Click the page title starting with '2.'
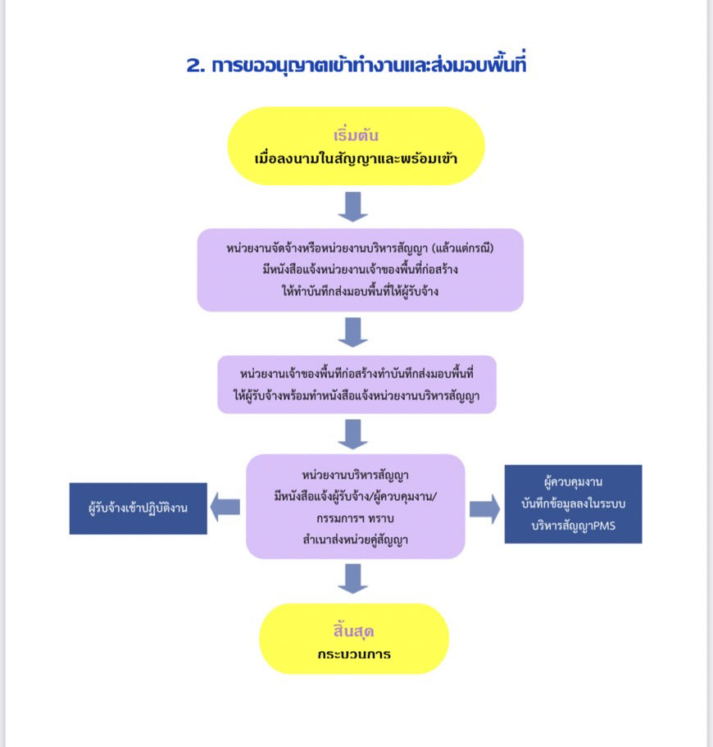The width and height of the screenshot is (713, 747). tap(356, 66)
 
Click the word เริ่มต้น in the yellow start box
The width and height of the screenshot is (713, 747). tap(356, 135)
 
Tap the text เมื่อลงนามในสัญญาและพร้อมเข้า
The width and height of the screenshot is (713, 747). tap(356, 156)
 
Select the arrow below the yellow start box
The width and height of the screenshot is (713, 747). tap(353, 206)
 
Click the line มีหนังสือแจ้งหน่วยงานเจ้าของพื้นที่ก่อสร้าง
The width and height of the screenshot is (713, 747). tap(360, 269)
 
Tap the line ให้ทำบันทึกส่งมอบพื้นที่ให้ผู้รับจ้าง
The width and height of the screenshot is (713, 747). tap(360, 290)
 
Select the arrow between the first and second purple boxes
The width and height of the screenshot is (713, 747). tap(353, 331)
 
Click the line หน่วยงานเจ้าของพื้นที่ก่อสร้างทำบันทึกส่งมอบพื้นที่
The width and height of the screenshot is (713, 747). tap(357, 374)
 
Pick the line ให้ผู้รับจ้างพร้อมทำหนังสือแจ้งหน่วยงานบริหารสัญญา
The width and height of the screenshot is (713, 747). tap(357, 396)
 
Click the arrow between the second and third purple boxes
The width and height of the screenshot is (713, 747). tap(353, 433)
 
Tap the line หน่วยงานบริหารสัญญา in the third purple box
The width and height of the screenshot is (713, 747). tap(356, 475)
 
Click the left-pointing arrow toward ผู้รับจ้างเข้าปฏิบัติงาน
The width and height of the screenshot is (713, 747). tap(226, 507)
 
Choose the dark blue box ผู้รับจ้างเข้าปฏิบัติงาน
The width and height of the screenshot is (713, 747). tap(139, 508)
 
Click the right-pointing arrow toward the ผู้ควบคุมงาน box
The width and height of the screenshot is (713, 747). tap(484, 508)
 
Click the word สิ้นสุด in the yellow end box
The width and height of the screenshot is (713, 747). tap(354, 632)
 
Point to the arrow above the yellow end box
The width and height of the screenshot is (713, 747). tap(353, 578)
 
